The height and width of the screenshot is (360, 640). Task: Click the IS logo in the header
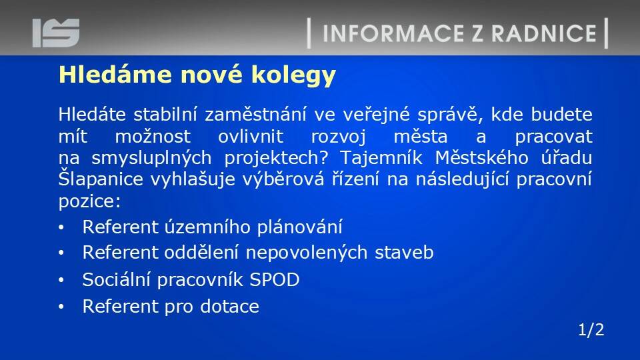[x=56, y=33]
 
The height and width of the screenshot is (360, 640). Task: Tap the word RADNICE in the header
[x=544, y=33]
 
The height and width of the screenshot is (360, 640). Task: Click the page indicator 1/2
[x=591, y=329]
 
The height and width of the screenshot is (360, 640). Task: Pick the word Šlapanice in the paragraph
[x=101, y=179]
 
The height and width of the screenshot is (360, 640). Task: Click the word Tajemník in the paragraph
[x=381, y=157]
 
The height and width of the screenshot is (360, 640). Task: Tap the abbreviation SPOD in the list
[x=274, y=279]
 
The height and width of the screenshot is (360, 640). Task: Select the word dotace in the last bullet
[x=229, y=306]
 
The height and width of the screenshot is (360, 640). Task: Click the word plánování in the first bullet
[x=299, y=227]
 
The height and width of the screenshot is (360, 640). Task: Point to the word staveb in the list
[x=404, y=252]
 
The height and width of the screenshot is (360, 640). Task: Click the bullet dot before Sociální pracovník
[x=61, y=280]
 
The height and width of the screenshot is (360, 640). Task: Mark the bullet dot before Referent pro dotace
[x=61, y=307]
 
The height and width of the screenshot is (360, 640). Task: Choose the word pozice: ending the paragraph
[x=89, y=201]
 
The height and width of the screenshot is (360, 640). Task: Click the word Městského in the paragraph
[x=481, y=157]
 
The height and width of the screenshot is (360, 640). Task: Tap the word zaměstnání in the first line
[x=255, y=114]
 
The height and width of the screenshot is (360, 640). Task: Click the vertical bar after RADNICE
[x=606, y=33]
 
